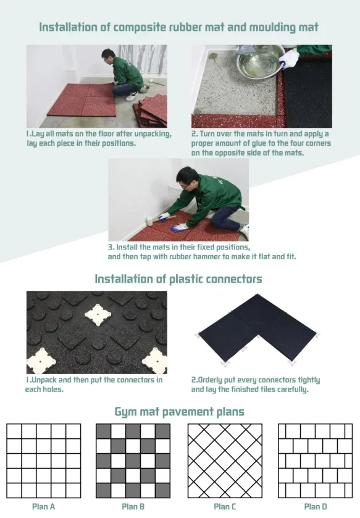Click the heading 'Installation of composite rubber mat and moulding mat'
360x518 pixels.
pos(179,27)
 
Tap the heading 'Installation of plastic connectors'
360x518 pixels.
pos(178,279)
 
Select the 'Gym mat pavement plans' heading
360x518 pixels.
pos(179,411)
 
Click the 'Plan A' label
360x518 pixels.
pos(44,507)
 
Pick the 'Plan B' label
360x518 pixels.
pos(134,507)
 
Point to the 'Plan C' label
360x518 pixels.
pos(225,507)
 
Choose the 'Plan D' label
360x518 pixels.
pos(316,507)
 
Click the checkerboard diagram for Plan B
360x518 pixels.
pos(134,461)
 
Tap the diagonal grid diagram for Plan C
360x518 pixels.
pos(225,461)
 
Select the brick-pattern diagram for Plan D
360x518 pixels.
pos(316,461)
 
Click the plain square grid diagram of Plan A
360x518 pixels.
pos(44,461)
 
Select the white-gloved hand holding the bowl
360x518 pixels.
pos(289,58)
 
